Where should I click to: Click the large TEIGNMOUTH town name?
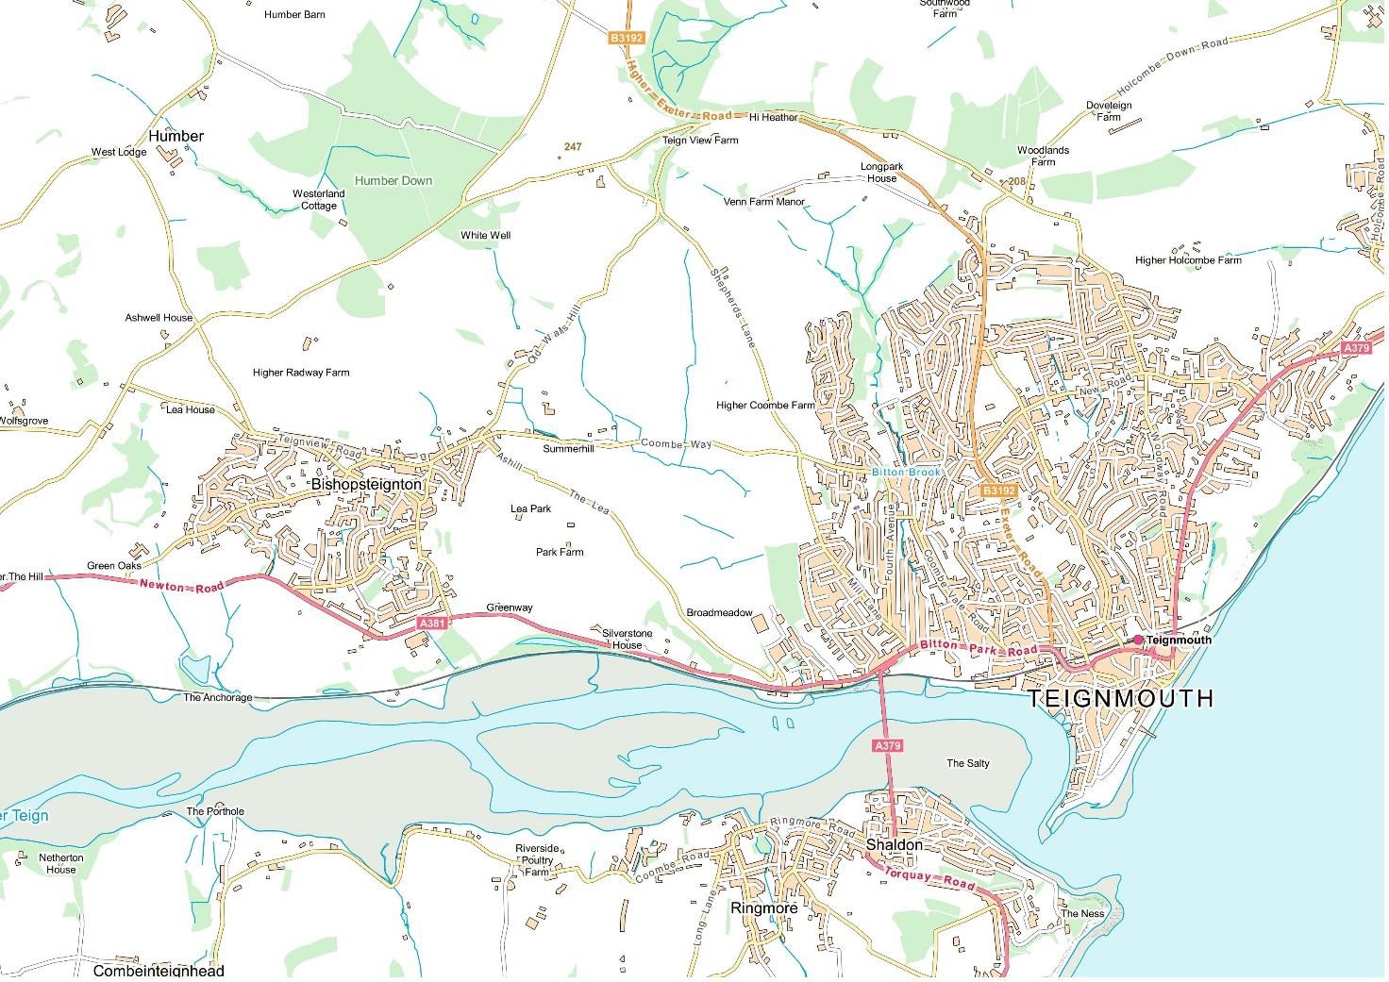point(1119,698)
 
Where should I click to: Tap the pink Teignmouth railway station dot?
point(1138,640)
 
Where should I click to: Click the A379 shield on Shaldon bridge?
point(887,745)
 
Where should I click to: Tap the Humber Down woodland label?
point(393,180)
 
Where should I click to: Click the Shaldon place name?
point(894,845)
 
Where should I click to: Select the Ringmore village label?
point(763,907)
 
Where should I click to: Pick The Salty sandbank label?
point(968,763)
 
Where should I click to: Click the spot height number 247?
point(573,146)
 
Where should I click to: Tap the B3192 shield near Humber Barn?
point(626,38)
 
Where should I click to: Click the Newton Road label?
point(182,585)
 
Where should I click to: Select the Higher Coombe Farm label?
point(764,406)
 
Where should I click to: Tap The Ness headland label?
point(1082,913)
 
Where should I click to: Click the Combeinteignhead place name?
point(159,970)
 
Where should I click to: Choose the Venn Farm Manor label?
point(764,202)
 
